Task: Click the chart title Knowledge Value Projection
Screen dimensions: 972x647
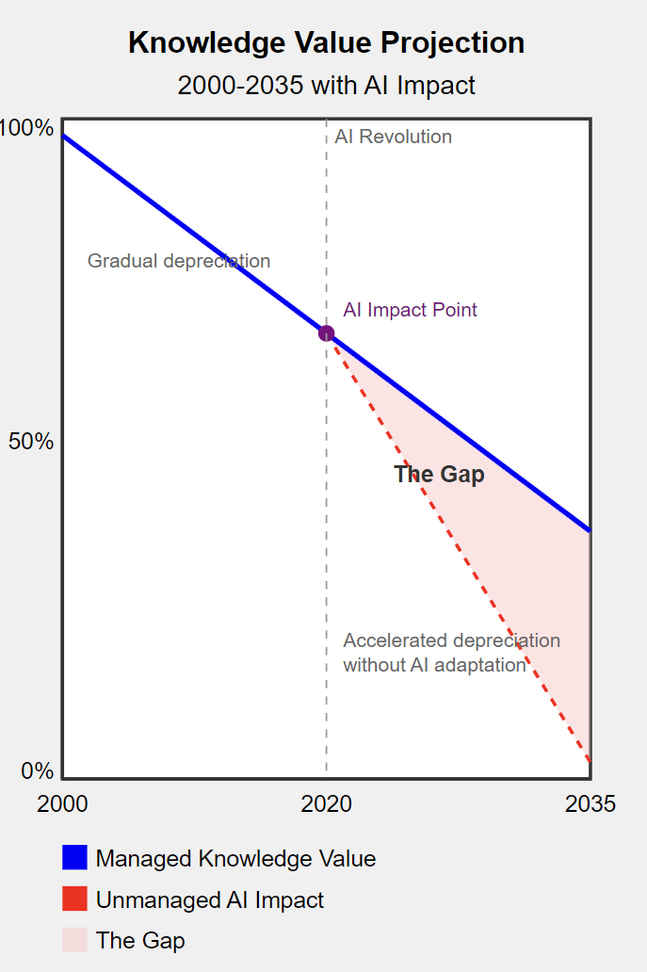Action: [326, 43]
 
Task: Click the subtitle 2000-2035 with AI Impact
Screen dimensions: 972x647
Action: [326, 86]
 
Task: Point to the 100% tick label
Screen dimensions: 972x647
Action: [27, 128]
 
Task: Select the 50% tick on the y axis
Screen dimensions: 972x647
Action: [31, 442]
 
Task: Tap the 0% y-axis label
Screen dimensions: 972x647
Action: [38, 771]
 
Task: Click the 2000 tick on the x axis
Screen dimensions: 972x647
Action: [62, 803]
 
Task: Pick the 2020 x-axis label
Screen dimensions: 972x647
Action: [326, 803]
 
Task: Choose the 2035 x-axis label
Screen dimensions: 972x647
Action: [590, 803]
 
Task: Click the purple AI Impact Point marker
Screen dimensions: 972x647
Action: [326, 333]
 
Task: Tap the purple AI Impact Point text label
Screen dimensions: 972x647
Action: [410, 310]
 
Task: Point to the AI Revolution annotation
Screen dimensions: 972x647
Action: [393, 137]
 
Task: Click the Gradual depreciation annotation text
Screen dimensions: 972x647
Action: [179, 261]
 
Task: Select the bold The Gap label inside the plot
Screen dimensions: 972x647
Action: [439, 475]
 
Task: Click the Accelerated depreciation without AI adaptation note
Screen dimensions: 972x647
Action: [451, 653]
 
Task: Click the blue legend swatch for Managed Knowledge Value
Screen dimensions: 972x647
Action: [74, 858]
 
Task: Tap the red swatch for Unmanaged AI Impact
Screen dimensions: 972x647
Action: [74, 899]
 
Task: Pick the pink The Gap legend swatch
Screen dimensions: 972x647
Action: [74, 940]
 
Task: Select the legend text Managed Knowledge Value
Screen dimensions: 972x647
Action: [235, 859]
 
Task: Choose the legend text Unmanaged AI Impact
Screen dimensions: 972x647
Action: [209, 900]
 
